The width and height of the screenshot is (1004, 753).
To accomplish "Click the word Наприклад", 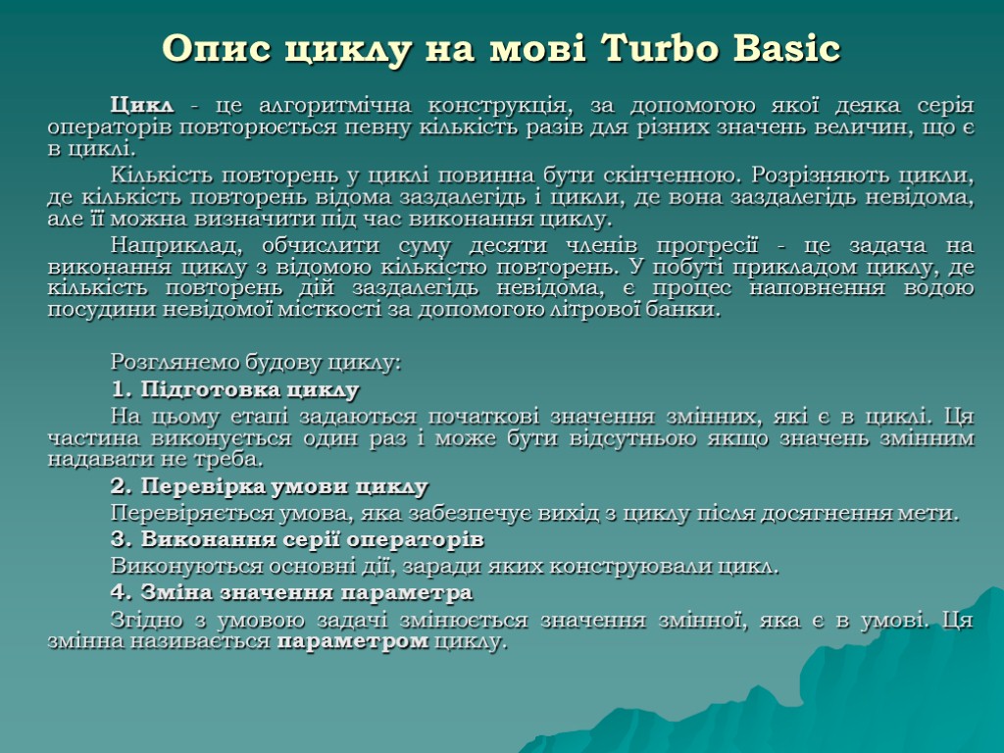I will [x=173, y=244].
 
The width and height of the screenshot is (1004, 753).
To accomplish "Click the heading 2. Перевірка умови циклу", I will [x=270, y=486].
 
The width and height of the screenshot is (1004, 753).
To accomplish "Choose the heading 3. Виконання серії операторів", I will [x=297, y=539].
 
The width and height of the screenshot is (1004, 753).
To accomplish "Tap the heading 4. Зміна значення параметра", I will [x=291, y=592].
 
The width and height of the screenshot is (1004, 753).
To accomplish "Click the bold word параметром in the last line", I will [x=353, y=642].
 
